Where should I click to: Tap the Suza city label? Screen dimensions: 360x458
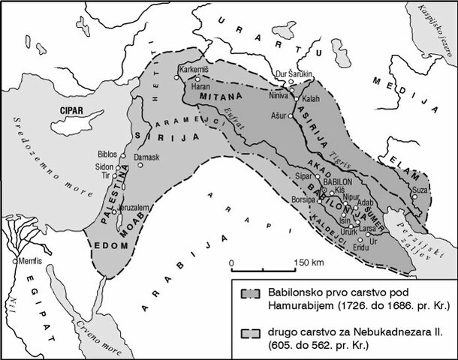point(421,190)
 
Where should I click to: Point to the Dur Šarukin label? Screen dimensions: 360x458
point(294,73)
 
